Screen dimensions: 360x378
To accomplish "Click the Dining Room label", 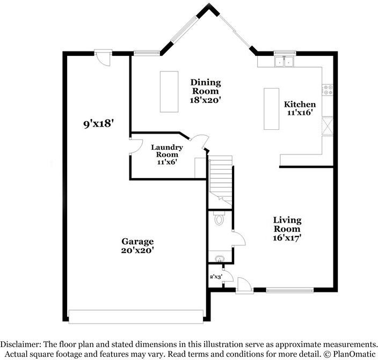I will pos(206,91).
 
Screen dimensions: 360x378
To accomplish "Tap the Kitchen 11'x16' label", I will pos(300,108).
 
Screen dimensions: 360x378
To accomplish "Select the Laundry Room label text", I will pos(167,155).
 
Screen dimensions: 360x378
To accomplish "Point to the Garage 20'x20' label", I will pos(137,246).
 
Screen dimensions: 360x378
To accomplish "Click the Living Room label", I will pos(287,229).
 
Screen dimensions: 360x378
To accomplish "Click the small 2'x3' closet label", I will pos(215,277).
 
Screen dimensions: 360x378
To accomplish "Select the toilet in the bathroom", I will pos(219,218).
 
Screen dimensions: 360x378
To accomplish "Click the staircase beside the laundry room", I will pos(220,181).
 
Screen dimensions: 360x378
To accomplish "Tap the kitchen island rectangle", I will pos(271,109).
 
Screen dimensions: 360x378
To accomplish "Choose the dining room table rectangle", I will pos(169,91).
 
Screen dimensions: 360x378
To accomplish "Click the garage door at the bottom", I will pos(137,317).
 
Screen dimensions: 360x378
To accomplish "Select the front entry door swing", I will pos(243,283).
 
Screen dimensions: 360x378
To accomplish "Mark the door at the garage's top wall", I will pos(103,57).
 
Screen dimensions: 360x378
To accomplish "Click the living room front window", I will pos(286,290).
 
